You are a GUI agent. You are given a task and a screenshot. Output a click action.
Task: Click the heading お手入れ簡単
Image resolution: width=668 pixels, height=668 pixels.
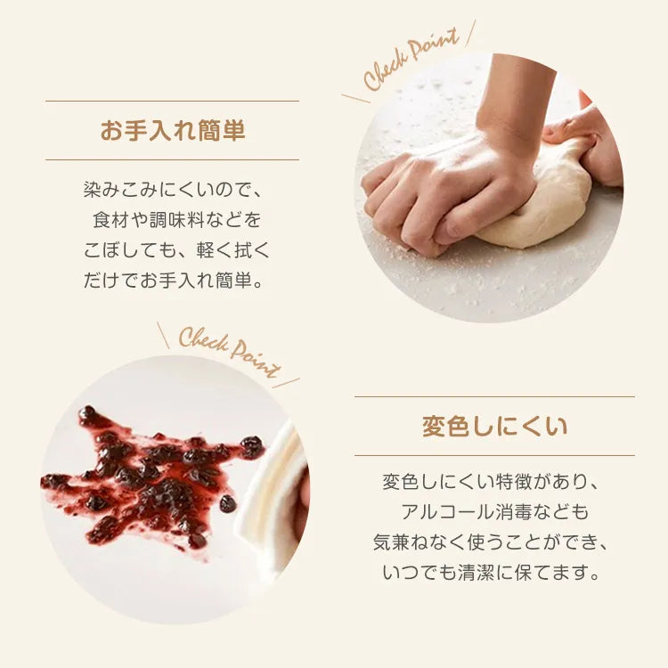tap(173, 130)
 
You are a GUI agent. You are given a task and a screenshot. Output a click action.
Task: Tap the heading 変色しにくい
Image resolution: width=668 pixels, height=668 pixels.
tap(494, 426)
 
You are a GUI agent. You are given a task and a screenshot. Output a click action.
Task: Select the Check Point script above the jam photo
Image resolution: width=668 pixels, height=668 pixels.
tap(230, 352)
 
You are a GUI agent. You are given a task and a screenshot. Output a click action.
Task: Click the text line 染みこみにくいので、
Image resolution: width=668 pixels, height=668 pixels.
tap(172, 190)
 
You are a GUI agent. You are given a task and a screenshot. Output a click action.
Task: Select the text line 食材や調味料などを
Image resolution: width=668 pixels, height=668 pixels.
tap(177, 220)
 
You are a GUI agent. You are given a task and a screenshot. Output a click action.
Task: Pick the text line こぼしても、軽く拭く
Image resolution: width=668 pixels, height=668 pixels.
tap(177, 250)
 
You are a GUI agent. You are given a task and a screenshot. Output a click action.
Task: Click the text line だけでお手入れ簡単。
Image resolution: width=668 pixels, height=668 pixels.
tap(174, 281)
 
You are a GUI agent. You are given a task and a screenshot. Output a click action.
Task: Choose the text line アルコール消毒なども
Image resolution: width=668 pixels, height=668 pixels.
tap(494, 511)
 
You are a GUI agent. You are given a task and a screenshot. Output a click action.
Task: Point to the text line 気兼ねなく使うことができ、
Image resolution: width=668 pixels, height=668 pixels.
tap(491, 542)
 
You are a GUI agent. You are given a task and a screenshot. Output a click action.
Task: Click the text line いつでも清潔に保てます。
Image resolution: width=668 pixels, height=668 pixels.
tap(491, 572)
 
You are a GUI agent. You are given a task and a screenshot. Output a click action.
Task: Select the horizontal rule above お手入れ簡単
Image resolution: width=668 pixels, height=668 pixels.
tap(172, 101)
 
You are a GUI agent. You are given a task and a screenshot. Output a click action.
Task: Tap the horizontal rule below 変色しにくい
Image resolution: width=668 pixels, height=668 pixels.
tap(494, 455)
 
